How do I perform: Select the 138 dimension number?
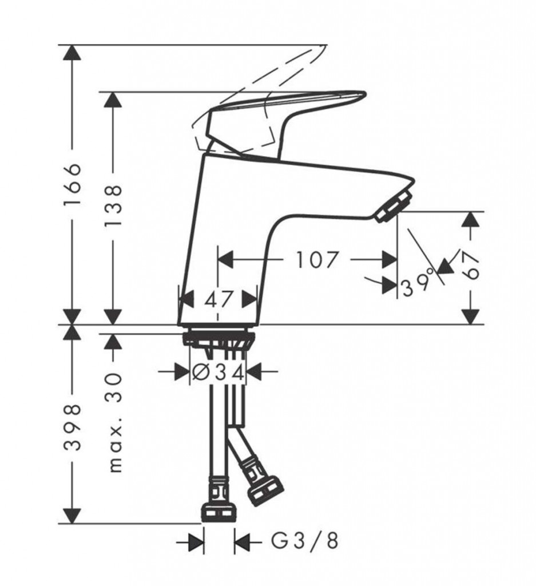coord(113,205)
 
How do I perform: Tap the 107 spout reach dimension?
coord(317,259)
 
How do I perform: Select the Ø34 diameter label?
coord(218,372)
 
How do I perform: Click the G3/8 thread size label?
coord(304,540)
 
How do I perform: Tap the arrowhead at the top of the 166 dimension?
coord(72,52)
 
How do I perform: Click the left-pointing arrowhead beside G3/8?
coord(242,540)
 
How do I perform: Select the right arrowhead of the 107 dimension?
coord(390,259)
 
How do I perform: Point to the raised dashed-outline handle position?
coord(258,101)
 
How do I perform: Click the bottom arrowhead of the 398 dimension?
coord(72,516)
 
